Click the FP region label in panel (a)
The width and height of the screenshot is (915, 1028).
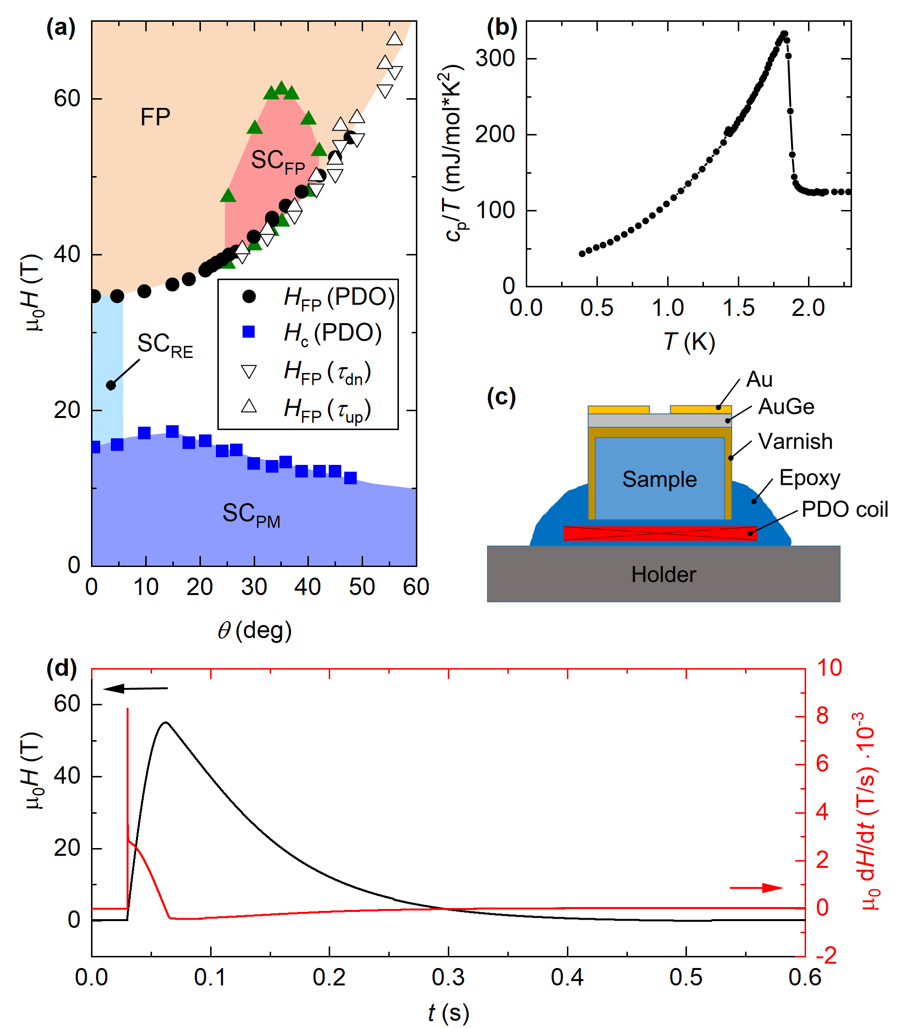coord(155,117)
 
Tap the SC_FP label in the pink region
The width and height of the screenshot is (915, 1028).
coord(277,162)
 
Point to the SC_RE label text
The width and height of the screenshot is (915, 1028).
coord(165,345)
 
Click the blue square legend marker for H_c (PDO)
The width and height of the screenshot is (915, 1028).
coord(249,332)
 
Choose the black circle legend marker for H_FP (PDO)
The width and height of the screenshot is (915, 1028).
coord(249,296)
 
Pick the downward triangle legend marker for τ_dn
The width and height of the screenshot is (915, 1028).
coord(249,372)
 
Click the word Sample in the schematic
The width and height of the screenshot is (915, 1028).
coord(659,479)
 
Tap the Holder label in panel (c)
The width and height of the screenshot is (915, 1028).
coord(663,574)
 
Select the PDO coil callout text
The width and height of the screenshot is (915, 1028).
coord(844,509)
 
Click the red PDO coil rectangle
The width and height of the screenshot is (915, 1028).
coord(659,533)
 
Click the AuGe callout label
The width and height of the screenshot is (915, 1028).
coord(786,406)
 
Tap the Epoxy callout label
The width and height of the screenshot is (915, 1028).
coord(809,478)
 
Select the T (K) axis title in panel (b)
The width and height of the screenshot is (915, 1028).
coord(688,342)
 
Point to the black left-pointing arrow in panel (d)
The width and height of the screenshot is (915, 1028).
coord(136,688)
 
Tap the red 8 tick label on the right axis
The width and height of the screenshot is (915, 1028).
coord(822,715)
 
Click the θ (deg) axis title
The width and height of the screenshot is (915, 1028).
coord(254,630)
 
